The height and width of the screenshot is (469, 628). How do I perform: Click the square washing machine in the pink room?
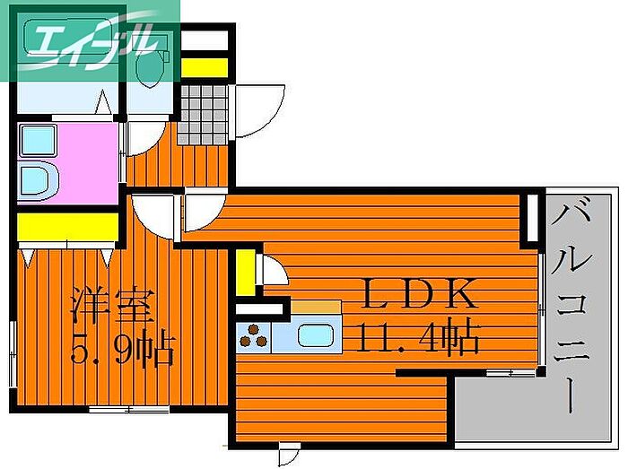click(38, 141)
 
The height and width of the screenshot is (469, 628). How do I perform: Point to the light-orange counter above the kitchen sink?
click(316, 308)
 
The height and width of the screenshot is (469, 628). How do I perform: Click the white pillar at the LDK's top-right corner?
click(533, 218)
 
